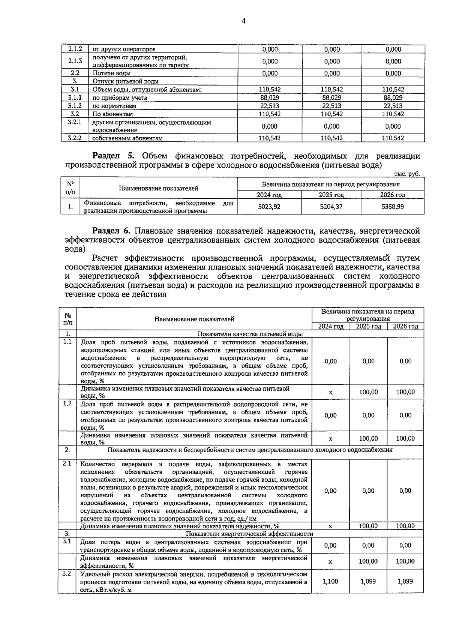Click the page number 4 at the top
click(x=244, y=21)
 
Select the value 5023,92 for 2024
click(x=269, y=206)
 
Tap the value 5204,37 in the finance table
click(x=331, y=206)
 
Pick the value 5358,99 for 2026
click(x=393, y=206)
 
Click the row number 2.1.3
click(x=75, y=61)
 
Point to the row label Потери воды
click(x=112, y=73)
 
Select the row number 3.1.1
click(x=75, y=97)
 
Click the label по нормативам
click(x=114, y=106)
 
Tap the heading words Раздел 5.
click(x=111, y=156)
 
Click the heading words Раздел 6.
click(x=111, y=231)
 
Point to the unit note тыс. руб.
click(x=407, y=174)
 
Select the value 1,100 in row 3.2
click(x=330, y=581)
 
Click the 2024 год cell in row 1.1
click(x=331, y=361)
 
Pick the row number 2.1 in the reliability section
click(x=67, y=463)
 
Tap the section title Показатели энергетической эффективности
click(x=249, y=534)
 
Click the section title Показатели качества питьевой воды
click(x=250, y=334)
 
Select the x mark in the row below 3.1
click(x=330, y=561)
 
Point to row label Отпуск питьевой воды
click(x=126, y=81)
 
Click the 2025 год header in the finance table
click(x=331, y=195)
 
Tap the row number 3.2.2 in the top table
click(x=75, y=138)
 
